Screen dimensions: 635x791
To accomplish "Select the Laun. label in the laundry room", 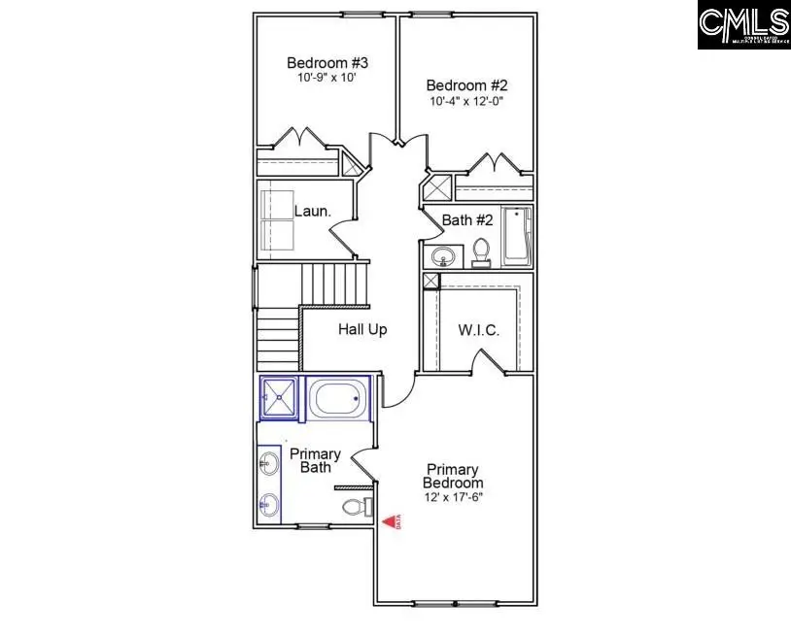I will [313, 211].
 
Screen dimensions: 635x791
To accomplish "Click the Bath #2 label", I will [467, 220].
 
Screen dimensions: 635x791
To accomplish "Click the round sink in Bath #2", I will [444, 257].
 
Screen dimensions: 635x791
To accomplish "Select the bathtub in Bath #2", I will [516, 236].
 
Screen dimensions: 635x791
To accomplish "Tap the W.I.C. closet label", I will [478, 330].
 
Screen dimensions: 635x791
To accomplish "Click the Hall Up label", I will [362, 330].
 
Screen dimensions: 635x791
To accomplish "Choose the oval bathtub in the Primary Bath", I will [339, 398].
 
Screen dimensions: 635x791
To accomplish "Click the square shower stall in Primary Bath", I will [280, 397].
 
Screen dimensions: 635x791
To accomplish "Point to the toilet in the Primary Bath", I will [357, 507].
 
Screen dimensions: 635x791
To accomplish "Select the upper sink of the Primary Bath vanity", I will [269, 465].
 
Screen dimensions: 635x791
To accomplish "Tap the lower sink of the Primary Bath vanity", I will [269, 504].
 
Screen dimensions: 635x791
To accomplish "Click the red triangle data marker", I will [391, 522].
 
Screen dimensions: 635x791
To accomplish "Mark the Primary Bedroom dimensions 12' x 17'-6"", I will [453, 497].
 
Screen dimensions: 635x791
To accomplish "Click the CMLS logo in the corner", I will [743, 25].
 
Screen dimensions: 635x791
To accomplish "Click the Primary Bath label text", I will [316, 460].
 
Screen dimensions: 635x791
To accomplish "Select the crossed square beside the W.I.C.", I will [430, 281].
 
